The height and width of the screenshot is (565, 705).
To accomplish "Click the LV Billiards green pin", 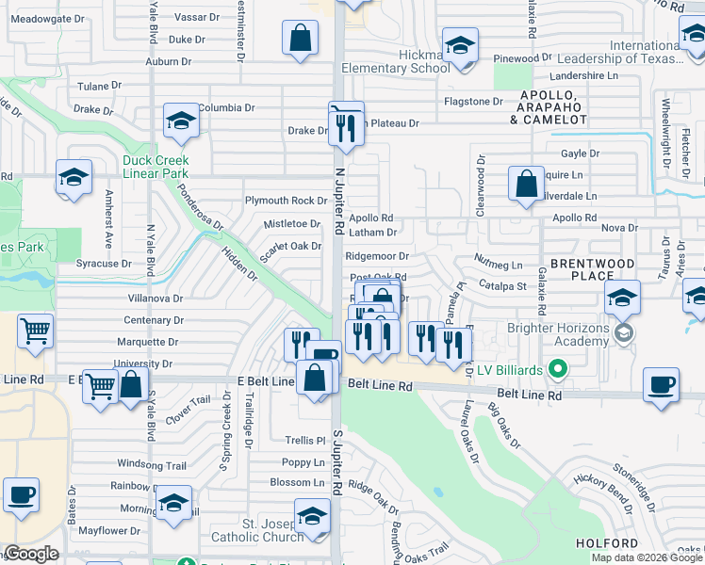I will point(558,368).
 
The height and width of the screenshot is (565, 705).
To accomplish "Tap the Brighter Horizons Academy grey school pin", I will point(622,333).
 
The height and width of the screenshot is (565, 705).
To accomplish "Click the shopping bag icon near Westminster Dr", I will point(300,40).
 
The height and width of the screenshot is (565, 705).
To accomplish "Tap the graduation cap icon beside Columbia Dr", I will point(180,121).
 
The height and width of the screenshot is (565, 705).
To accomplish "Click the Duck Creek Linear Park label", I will point(156,167).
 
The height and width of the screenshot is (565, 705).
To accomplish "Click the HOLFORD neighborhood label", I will point(608,543).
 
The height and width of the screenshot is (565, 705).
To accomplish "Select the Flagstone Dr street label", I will point(473,101).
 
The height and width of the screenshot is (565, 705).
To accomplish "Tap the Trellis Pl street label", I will point(304,441).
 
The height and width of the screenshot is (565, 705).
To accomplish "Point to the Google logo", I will point(31,554).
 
